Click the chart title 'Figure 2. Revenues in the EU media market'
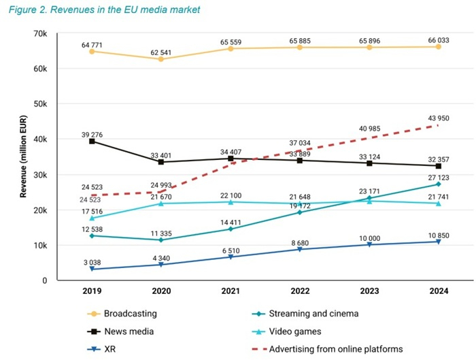[x=104, y=10]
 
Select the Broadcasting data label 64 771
[x=90, y=45]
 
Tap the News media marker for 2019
[x=91, y=141]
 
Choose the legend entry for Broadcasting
[x=130, y=314]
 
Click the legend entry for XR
[x=109, y=349]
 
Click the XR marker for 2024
[x=439, y=242]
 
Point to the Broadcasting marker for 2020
[x=160, y=59]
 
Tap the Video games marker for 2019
[x=91, y=218]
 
